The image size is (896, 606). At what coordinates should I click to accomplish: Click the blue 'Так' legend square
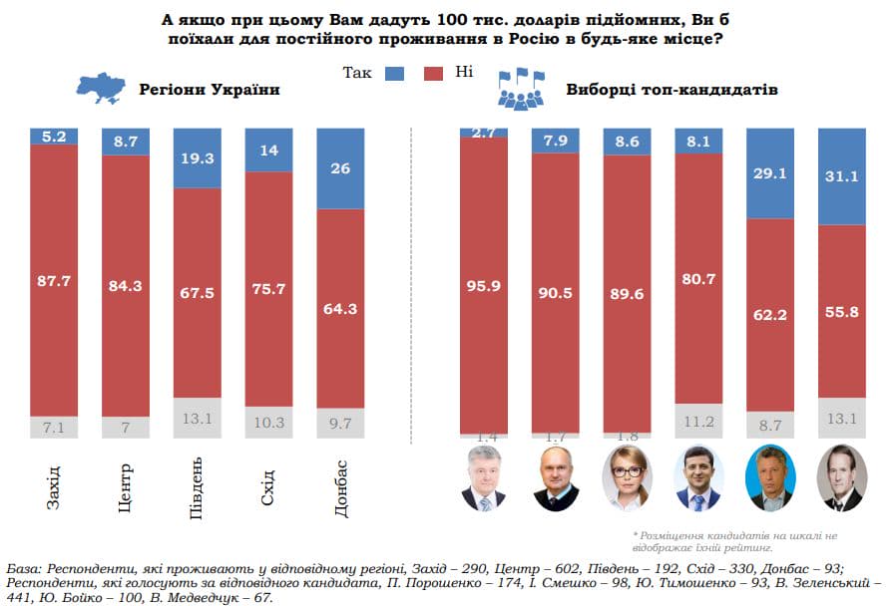[x=393, y=74]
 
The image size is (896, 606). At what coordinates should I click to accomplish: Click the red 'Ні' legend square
[x=433, y=74]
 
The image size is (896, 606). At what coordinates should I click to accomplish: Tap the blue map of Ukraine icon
[x=102, y=89]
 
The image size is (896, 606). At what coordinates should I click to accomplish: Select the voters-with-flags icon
[x=523, y=89]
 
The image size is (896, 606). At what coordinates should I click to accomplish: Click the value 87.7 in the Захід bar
[x=54, y=281]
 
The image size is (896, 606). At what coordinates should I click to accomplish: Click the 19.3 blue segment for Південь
[x=198, y=157]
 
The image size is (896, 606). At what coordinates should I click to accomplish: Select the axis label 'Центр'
[x=126, y=488]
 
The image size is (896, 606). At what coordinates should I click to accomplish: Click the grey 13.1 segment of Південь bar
[x=198, y=419]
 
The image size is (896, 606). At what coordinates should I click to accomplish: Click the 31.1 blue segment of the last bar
[x=842, y=177]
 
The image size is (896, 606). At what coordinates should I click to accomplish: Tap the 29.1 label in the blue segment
[x=770, y=172]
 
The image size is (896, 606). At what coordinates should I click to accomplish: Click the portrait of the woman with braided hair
[x=628, y=479]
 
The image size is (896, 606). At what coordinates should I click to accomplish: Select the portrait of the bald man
[x=556, y=479]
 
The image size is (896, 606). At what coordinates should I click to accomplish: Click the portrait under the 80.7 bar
[x=698, y=479]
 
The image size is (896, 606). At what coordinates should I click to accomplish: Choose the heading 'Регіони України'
[x=209, y=90]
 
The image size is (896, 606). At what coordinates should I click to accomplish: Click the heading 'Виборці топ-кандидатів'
[x=672, y=90]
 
